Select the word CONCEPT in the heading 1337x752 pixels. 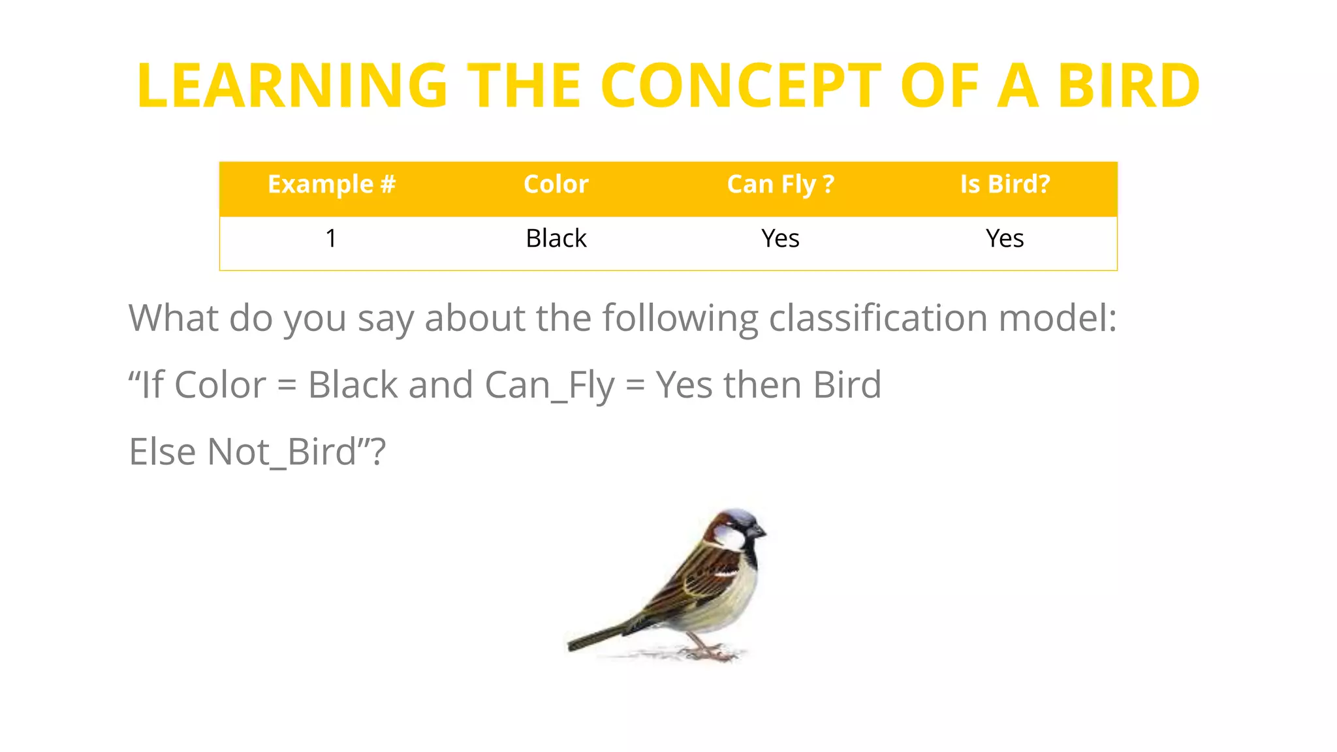pyautogui.click(x=740, y=86)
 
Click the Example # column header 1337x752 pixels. pyautogui.click(x=332, y=185)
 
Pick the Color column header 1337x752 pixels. pyautogui.click(x=556, y=185)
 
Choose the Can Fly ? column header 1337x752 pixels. pyautogui.click(x=780, y=185)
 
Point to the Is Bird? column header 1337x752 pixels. pyautogui.click(x=1005, y=185)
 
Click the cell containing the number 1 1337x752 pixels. pyautogui.click(x=332, y=239)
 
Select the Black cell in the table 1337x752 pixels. pyautogui.click(x=556, y=239)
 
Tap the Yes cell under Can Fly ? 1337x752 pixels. pyautogui.click(x=780, y=239)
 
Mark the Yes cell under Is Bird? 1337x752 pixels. pyautogui.click(x=1005, y=239)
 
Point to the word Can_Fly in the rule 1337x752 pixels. pyautogui.click(x=549, y=385)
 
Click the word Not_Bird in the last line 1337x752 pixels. pyautogui.click(x=281, y=452)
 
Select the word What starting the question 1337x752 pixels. pyautogui.click(x=173, y=319)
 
